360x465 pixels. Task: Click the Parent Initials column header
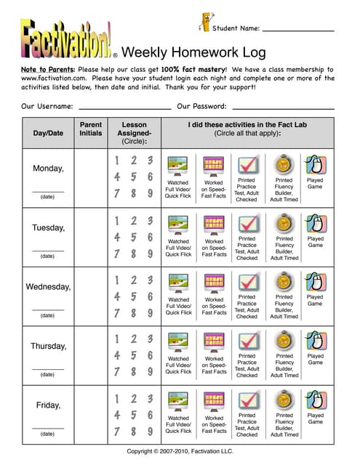90,129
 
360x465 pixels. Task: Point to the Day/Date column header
48,133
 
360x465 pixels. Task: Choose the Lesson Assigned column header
134,133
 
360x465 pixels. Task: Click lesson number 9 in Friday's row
150,431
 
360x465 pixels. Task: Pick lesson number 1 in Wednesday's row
116,279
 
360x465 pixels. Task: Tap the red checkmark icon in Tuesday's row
247,223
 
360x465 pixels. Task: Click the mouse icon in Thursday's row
314,341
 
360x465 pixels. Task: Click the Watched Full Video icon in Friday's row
178,401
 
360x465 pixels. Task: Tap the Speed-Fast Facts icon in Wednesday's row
214,283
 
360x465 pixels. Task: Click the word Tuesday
48,227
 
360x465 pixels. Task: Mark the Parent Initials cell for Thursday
90,355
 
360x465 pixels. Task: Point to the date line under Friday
47,428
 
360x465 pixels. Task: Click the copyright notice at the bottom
179,450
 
